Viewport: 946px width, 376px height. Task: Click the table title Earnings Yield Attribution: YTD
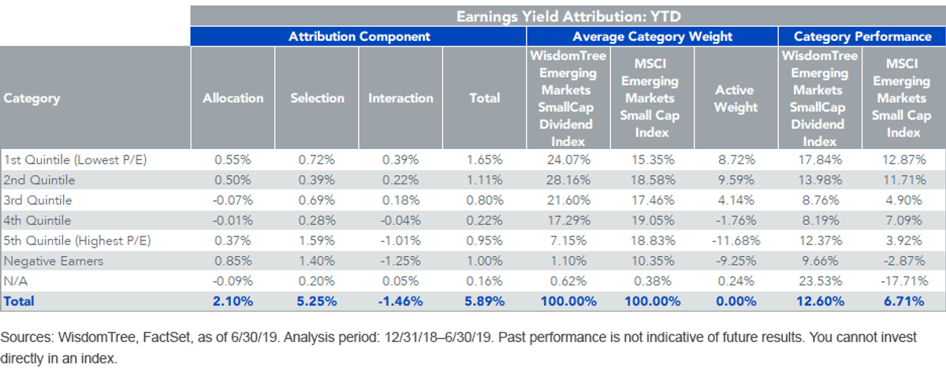click(x=568, y=17)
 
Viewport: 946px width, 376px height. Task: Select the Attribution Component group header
click(x=359, y=36)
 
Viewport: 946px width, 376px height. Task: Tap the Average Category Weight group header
click(x=652, y=37)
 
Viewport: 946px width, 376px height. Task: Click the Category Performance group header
click(x=862, y=37)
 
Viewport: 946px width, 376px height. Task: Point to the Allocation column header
click(x=233, y=98)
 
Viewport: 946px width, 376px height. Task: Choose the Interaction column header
click(x=400, y=98)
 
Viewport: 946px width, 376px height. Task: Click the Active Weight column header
click(x=736, y=99)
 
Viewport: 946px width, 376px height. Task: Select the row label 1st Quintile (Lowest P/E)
click(x=75, y=160)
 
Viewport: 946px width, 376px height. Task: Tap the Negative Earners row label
click(x=54, y=261)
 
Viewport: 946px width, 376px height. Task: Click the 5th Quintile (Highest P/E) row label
click(x=77, y=240)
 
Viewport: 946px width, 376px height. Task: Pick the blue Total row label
click(x=19, y=301)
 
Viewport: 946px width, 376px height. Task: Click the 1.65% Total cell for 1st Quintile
click(x=484, y=160)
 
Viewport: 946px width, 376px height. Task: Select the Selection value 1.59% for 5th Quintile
click(x=317, y=240)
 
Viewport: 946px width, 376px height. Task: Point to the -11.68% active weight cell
click(x=736, y=240)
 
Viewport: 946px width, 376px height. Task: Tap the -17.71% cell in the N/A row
click(x=903, y=281)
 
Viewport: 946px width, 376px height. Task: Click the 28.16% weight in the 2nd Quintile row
click(x=568, y=180)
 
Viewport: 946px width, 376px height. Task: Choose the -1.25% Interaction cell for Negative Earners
click(x=400, y=261)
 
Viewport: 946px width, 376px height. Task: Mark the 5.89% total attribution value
click(x=484, y=301)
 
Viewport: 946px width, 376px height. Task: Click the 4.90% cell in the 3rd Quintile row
click(x=903, y=200)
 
